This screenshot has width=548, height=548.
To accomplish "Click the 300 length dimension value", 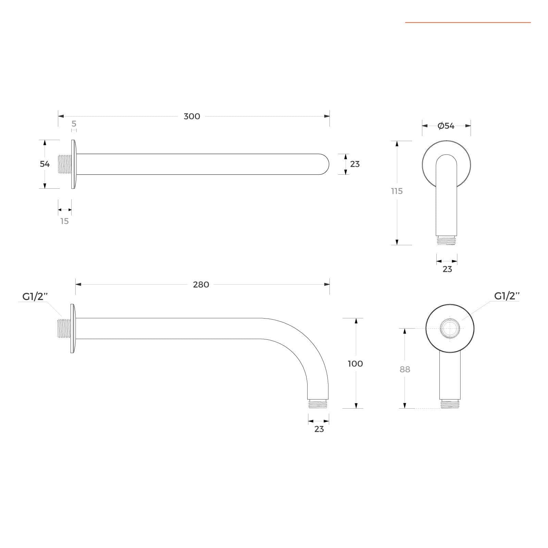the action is (192, 116).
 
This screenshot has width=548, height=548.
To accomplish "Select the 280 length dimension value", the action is (201, 285).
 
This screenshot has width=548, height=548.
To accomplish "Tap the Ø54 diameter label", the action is (446, 126).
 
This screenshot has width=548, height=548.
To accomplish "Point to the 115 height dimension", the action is (397, 191).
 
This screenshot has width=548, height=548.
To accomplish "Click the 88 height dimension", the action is (405, 369).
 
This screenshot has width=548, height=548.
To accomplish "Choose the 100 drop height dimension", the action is (355, 364).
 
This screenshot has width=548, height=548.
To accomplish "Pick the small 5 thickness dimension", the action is (74, 124).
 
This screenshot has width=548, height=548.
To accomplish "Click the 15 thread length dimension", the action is (64, 221).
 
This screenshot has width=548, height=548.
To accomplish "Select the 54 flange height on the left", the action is (45, 164).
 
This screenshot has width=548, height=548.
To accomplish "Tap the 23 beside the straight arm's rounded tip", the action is (355, 164).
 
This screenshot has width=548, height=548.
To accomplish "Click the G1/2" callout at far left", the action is (35, 297).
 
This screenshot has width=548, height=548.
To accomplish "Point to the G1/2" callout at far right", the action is (507, 296).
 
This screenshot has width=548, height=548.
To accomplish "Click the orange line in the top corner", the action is (468, 23).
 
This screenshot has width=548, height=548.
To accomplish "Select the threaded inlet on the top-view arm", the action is (65, 164).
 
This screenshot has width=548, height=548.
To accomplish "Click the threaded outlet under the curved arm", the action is (318, 404).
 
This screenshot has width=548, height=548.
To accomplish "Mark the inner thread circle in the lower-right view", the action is (450, 328).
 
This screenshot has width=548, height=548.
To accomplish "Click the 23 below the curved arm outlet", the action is (319, 429).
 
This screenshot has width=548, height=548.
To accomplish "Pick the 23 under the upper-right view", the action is (447, 269).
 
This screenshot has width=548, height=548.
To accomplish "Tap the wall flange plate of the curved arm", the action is (73, 328).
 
